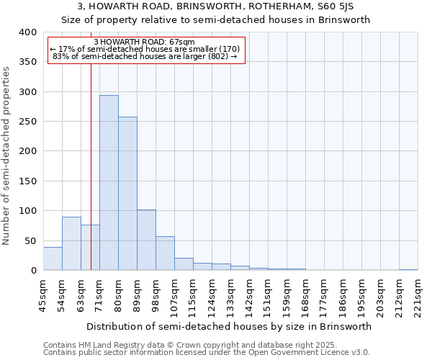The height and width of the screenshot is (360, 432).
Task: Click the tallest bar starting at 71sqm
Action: pyautogui.click(x=109, y=183)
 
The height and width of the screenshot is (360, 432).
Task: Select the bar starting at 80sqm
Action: pyautogui.click(x=127, y=194)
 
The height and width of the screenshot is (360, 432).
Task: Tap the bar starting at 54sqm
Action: pyautogui.click(x=71, y=243)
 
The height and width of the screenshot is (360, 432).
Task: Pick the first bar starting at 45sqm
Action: pyautogui.click(x=53, y=258)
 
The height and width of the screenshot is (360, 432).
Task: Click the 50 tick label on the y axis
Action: pyautogui.click(x=30, y=240)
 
